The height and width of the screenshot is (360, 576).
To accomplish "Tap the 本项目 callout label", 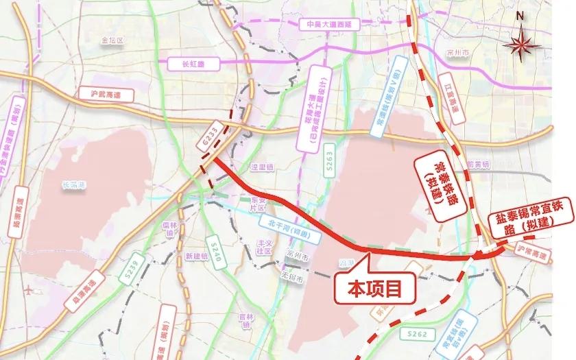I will pos(375,288).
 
